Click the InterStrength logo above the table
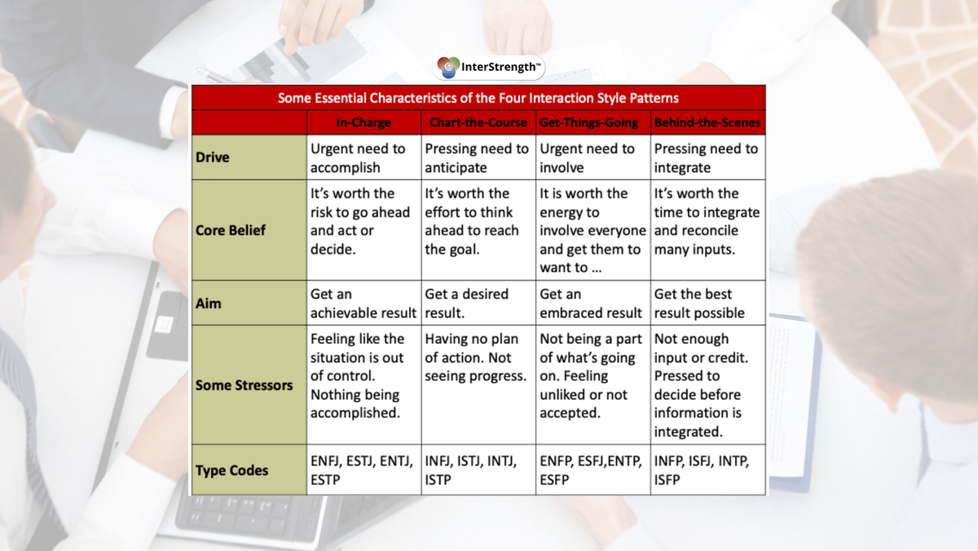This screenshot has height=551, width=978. [x=488, y=67]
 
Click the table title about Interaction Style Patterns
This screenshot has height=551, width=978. [x=478, y=98]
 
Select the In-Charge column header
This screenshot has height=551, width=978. [x=363, y=122]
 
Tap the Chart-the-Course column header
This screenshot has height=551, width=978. [x=478, y=122]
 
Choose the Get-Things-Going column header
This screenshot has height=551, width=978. [x=588, y=122]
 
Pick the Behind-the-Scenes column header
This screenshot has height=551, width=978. [x=707, y=122]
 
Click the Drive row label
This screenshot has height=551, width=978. [x=212, y=157]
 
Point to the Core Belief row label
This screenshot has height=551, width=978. [x=230, y=230]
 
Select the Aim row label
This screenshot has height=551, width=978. [x=208, y=303]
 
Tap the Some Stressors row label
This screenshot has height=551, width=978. [x=244, y=385]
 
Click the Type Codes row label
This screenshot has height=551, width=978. [x=231, y=470]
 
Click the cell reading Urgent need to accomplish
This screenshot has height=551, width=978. [x=363, y=157]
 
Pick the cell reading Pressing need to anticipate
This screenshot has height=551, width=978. [x=478, y=157]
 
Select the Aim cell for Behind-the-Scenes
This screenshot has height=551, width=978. [x=707, y=303]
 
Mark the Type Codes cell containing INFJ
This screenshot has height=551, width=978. [x=478, y=469]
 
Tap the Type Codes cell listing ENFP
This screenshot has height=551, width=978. [x=593, y=469]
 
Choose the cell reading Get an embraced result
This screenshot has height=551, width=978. [x=593, y=303]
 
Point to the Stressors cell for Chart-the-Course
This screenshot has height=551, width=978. [x=478, y=385]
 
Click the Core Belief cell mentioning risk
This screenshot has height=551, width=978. [x=363, y=230]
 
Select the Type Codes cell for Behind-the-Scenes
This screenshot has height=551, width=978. [x=707, y=469]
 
